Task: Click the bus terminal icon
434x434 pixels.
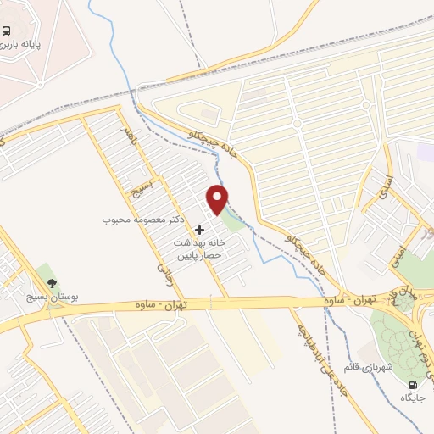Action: coord(7,31)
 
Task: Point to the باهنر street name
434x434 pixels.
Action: coord(127,133)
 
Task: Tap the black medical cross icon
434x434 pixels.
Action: coord(200,230)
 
